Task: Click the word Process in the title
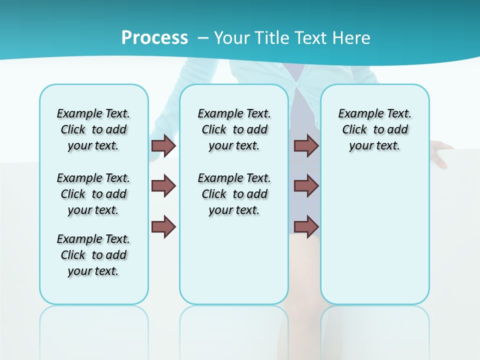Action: (154, 38)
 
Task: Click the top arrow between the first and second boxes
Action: (163, 145)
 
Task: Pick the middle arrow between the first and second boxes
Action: (163, 186)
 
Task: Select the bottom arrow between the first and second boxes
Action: (163, 227)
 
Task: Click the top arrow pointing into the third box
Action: (306, 145)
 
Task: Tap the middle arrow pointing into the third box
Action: (306, 186)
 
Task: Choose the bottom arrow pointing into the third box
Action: (306, 227)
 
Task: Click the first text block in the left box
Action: (93, 129)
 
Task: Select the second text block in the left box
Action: (93, 194)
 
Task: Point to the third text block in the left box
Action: (93, 255)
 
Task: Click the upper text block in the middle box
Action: (234, 129)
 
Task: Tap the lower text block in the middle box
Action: (234, 194)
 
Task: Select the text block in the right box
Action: (375, 129)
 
